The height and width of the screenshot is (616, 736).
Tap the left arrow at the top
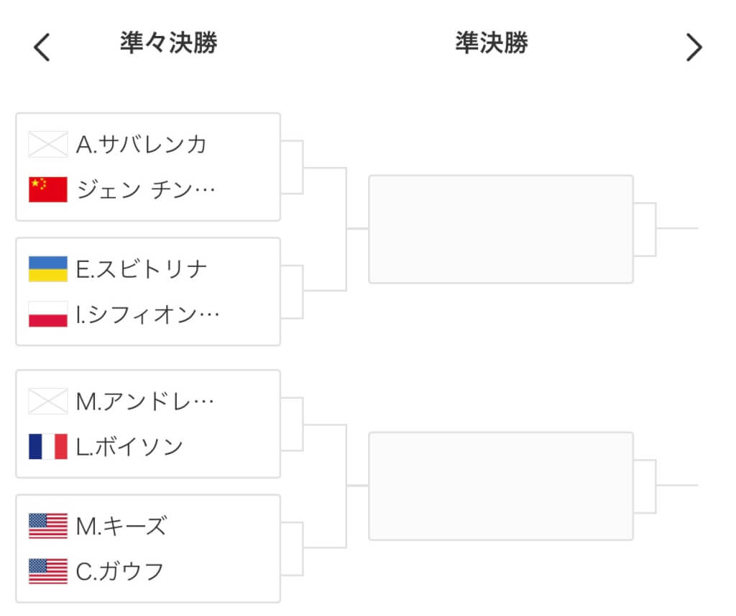tap(42, 47)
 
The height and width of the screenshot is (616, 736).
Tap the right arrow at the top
tap(694, 47)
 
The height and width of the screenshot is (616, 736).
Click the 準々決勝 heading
tap(168, 42)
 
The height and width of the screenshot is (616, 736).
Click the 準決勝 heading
tap(492, 42)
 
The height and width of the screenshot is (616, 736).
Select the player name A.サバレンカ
tap(142, 144)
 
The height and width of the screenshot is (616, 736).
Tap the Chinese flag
tap(48, 189)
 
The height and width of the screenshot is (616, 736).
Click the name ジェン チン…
tap(145, 190)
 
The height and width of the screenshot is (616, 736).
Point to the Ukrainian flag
tap(48, 268)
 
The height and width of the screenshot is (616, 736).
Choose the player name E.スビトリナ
tap(142, 269)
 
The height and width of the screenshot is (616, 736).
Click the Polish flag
tap(48, 314)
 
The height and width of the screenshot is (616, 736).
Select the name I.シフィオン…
tap(147, 314)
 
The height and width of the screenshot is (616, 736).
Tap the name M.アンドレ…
tap(144, 402)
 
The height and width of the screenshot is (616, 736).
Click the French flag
tap(48, 446)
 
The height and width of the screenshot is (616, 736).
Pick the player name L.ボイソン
tap(129, 447)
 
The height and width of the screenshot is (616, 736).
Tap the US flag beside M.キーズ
tap(48, 526)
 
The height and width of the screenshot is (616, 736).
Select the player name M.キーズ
tap(121, 526)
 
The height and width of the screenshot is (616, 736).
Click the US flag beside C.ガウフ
tap(48, 571)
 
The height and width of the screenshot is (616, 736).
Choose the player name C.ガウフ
tap(120, 572)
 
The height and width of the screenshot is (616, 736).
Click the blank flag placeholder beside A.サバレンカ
tap(48, 144)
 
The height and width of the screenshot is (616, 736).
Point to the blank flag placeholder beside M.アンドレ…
tap(48, 402)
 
